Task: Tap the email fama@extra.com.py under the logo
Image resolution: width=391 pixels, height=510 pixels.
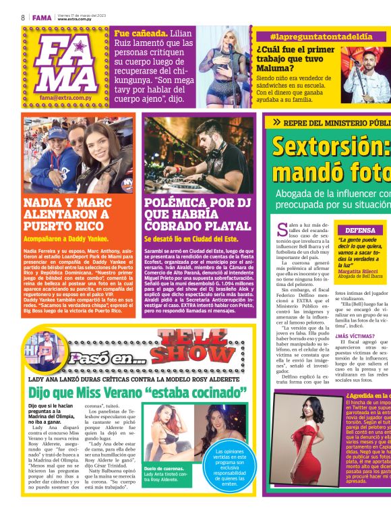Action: [x=66, y=98]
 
